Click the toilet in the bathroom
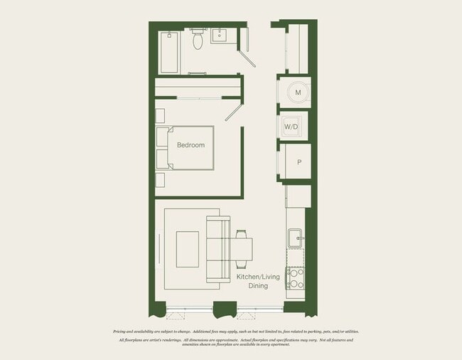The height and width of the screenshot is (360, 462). [198, 40]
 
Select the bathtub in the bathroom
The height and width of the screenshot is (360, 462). [169, 52]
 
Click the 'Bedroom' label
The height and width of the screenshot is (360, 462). [190, 145]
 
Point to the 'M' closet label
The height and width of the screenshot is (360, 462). [298, 93]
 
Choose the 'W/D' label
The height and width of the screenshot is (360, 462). [291, 127]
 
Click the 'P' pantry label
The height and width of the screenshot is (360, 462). [299, 162]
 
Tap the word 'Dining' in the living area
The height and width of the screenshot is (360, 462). [258, 286]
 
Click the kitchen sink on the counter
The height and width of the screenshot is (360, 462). [296, 236]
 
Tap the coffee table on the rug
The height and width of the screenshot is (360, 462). [187, 249]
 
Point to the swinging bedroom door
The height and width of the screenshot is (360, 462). [234, 112]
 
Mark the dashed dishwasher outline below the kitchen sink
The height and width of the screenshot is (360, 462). [295, 257]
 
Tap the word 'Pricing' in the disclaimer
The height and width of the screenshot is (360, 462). [123, 332]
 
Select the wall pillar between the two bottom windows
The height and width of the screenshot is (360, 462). [225, 309]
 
